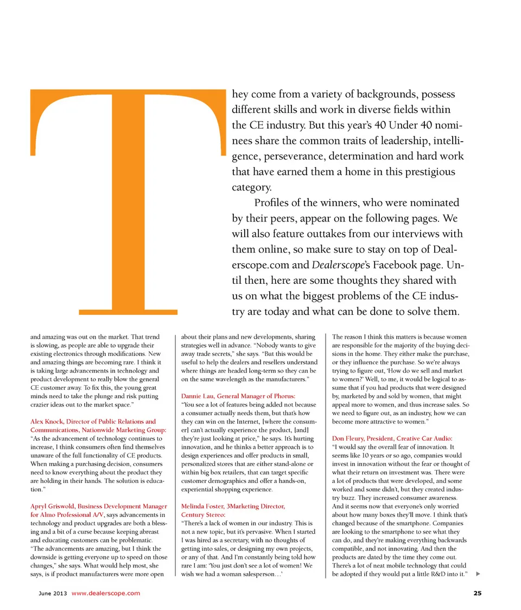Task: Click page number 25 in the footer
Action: point(477,593)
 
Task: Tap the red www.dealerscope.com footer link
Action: point(106,593)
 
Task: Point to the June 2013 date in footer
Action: point(53,593)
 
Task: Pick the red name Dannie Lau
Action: point(197,396)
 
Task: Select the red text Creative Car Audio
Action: point(424,438)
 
